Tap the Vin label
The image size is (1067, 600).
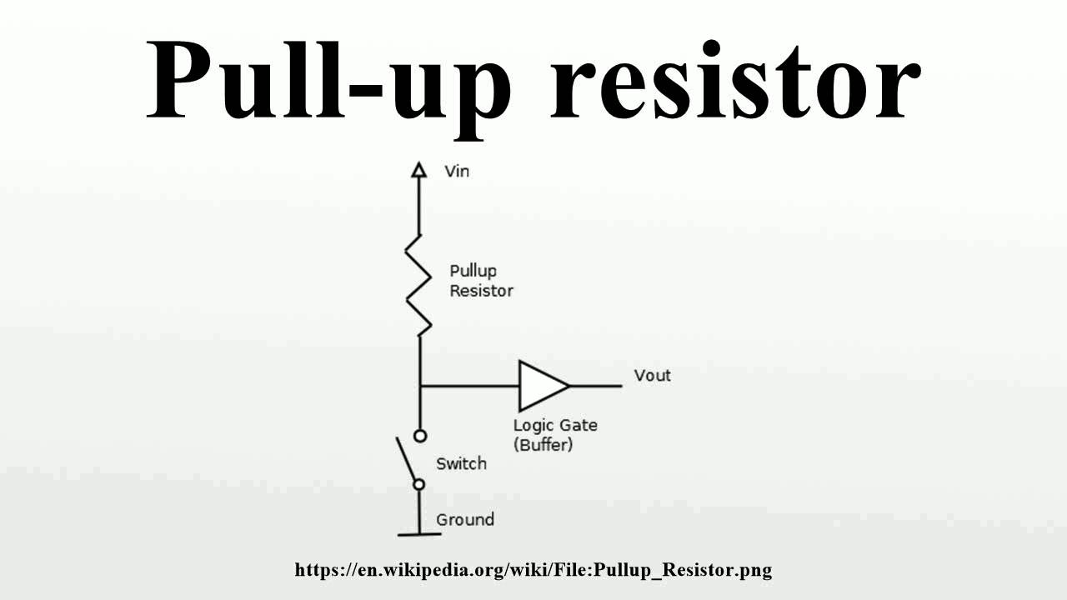point(457,171)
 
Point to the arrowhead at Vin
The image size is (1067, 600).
point(419,171)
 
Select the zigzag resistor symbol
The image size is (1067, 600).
point(419,283)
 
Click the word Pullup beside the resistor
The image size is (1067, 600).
point(473,272)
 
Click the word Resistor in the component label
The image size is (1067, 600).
point(481,291)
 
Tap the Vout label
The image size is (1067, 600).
point(652,375)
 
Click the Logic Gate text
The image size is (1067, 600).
point(555,425)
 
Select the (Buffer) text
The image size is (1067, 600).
point(544,444)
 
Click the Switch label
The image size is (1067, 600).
point(461,463)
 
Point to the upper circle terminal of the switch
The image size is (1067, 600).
point(420,435)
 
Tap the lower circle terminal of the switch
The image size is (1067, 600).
point(419,484)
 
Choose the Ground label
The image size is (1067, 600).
point(465,519)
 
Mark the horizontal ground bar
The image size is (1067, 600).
point(419,534)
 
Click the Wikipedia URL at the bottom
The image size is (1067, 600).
point(533,570)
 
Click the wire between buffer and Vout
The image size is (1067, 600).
point(595,386)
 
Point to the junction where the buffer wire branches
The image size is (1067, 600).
point(420,386)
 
